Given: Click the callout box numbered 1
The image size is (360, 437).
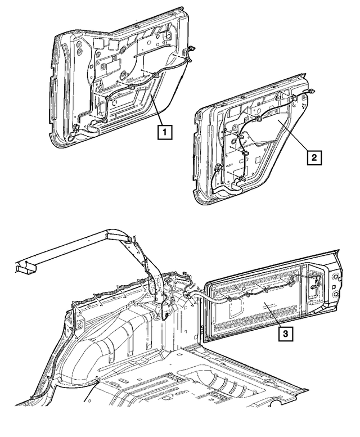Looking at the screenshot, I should (164, 133).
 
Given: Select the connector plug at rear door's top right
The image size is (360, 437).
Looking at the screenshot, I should (310, 92).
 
